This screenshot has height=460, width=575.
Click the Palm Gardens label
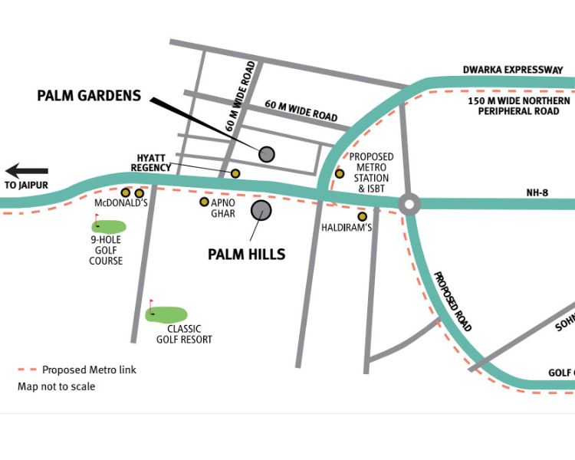(90, 96)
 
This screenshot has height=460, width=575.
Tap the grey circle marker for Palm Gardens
(266, 154)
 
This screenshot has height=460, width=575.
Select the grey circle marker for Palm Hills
(261, 210)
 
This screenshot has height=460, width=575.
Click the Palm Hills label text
(247, 255)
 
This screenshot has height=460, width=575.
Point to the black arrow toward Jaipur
(27, 171)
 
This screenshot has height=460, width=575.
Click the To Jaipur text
(26, 186)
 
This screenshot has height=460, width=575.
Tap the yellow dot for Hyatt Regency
(235, 174)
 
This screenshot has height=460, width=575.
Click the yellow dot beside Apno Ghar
(204, 202)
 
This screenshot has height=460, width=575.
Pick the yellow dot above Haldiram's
(362, 216)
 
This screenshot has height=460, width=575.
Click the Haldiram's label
(347, 228)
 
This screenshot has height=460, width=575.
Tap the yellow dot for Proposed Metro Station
(340, 174)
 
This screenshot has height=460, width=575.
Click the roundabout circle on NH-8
(409, 204)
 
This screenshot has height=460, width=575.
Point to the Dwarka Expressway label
(512, 71)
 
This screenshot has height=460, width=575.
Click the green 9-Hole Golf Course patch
(109, 226)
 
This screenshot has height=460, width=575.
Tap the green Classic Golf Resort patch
(166, 314)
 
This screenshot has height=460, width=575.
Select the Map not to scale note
(57, 386)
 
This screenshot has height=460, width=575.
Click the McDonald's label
(120, 204)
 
